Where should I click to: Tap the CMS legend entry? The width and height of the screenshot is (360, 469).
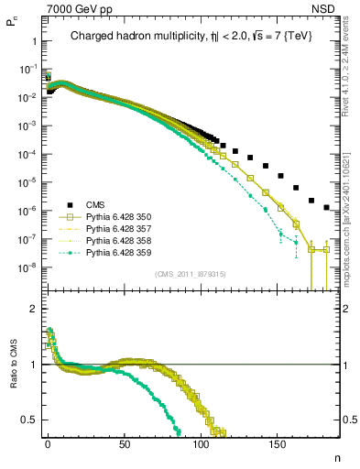[97, 204]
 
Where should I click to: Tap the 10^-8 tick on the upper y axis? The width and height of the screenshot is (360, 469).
[27, 268]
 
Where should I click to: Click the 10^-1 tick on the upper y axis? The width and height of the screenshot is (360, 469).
[27, 70]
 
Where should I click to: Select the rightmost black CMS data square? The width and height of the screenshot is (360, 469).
[327, 208]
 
